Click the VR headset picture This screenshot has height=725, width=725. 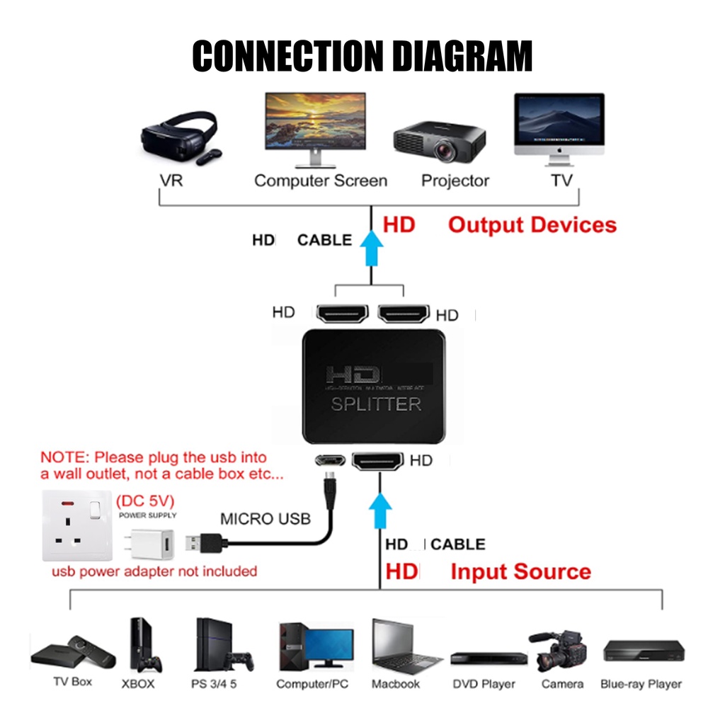(179, 137)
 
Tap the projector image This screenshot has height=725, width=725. (439, 142)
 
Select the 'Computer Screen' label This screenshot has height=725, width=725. (320, 181)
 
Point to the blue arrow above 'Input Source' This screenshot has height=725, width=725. (380, 513)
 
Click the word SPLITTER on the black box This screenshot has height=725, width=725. (376, 404)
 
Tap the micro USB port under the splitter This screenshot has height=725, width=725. (330, 460)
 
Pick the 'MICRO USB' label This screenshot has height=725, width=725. (266, 519)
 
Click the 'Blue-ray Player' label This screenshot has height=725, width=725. (641, 684)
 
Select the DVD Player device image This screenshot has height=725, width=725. (489, 658)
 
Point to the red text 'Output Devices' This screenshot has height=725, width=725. (532, 225)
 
